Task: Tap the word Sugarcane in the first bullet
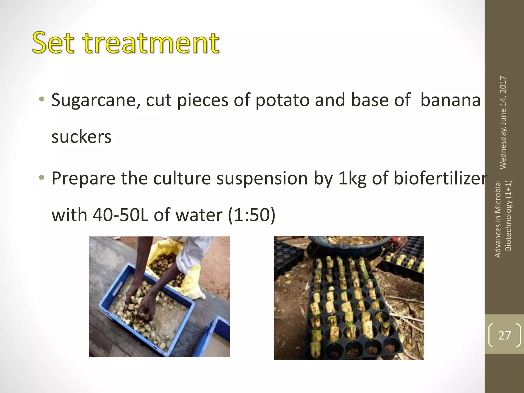coord(96,100)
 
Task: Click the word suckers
coord(81,137)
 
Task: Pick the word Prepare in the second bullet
coord(83,179)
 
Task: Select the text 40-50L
coord(120,215)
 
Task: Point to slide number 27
coord(504,335)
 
